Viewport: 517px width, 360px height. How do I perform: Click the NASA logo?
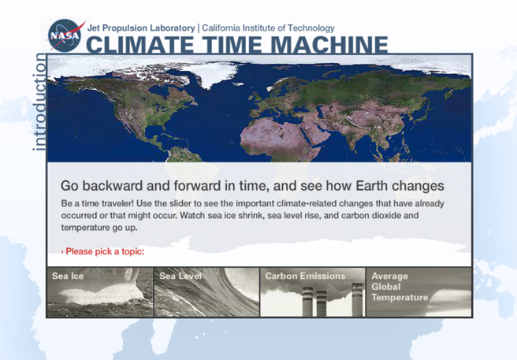click(65, 35)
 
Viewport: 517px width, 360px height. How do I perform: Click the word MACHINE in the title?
click(331, 44)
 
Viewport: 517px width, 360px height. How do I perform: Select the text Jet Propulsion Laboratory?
click(141, 28)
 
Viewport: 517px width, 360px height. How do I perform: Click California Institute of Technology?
click(268, 28)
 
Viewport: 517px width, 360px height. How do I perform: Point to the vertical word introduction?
click(39, 102)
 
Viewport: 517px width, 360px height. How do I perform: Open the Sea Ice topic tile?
click(100, 292)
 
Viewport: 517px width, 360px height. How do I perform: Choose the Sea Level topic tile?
click(206, 292)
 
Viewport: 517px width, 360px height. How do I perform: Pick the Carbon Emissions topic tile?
click(313, 292)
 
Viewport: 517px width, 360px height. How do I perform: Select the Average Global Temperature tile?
click(418, 292)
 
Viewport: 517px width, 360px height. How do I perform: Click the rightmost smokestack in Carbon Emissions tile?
click(357, 299)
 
